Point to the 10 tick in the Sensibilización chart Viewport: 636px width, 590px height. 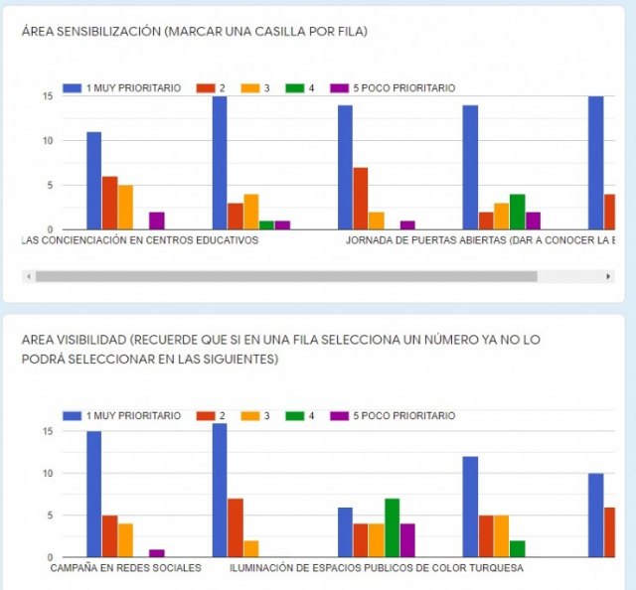coord(47,140)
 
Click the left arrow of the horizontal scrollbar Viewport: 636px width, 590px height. coord(28,276)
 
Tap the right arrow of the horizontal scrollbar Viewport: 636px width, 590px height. coord(607,276)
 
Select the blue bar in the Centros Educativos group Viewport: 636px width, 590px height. coord(93,180)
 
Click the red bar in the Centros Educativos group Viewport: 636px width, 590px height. coord(109,203)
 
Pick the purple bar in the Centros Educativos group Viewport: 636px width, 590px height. coord(157,221)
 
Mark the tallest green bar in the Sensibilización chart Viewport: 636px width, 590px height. coord(517,212)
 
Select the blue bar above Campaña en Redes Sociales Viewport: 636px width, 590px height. coord(93,494)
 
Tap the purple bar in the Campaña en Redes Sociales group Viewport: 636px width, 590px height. coord(157,552)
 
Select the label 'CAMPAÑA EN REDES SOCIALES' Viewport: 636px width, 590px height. coord(125,568)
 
